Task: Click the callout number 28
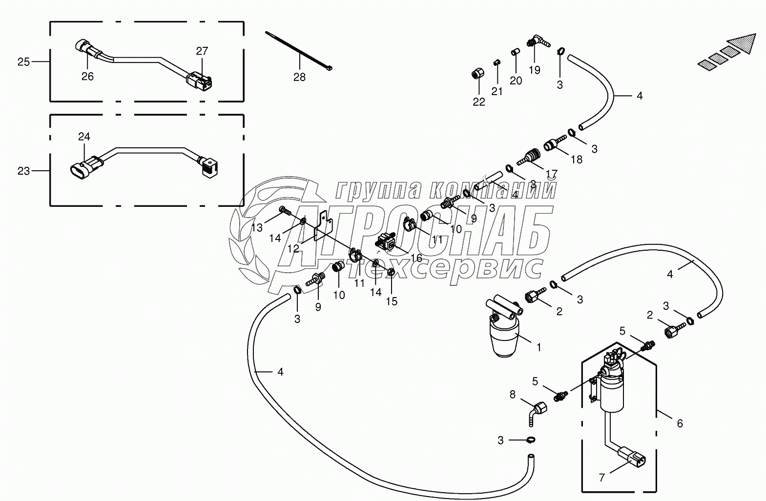click(x=299, y=77)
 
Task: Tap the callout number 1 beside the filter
click(x=538, y=347)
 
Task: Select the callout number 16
click(x=416, y=258)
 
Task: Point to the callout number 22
click(x=479, y=102)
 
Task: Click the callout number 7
click(x=602, y=479)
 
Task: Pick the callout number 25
click(x=23, y=62)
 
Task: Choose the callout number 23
click(x=23, y=171)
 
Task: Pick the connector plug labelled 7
click(x=633, y=459)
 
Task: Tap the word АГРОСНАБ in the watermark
click(x=415, y=232)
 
